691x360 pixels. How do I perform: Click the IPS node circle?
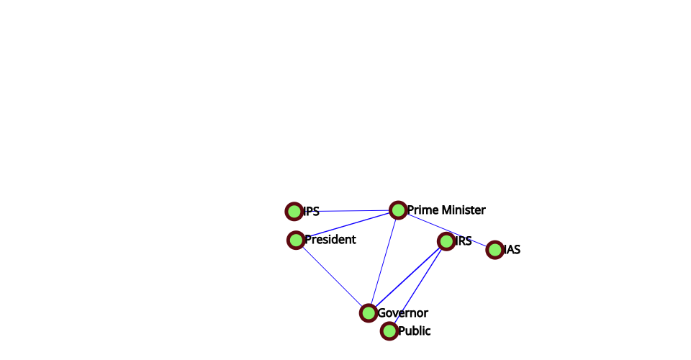(294, 212)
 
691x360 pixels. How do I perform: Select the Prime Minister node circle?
(398, 210)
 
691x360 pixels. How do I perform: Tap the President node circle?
(296, 240)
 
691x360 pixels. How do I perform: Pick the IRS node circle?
(446, 241)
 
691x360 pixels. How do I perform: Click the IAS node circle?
(494, 250)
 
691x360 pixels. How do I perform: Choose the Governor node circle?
(369, 313)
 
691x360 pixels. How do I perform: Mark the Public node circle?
(389, 331)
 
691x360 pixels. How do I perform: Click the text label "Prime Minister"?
(446, 210)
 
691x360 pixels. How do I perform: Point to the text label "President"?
(330, 240)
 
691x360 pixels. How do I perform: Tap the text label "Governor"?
(402, 313)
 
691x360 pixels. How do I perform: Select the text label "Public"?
(415, 331)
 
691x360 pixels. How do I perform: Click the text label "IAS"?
(512, 250)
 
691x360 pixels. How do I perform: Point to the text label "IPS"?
(311, 212)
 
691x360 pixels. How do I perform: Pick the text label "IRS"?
(464, 241)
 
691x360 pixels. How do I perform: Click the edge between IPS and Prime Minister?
(345, 211)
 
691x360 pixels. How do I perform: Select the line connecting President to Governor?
(332, 276)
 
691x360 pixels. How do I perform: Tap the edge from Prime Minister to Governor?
(384, 261)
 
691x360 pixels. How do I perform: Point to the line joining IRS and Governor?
(407, 277)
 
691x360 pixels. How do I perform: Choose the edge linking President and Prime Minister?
(347, 225)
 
